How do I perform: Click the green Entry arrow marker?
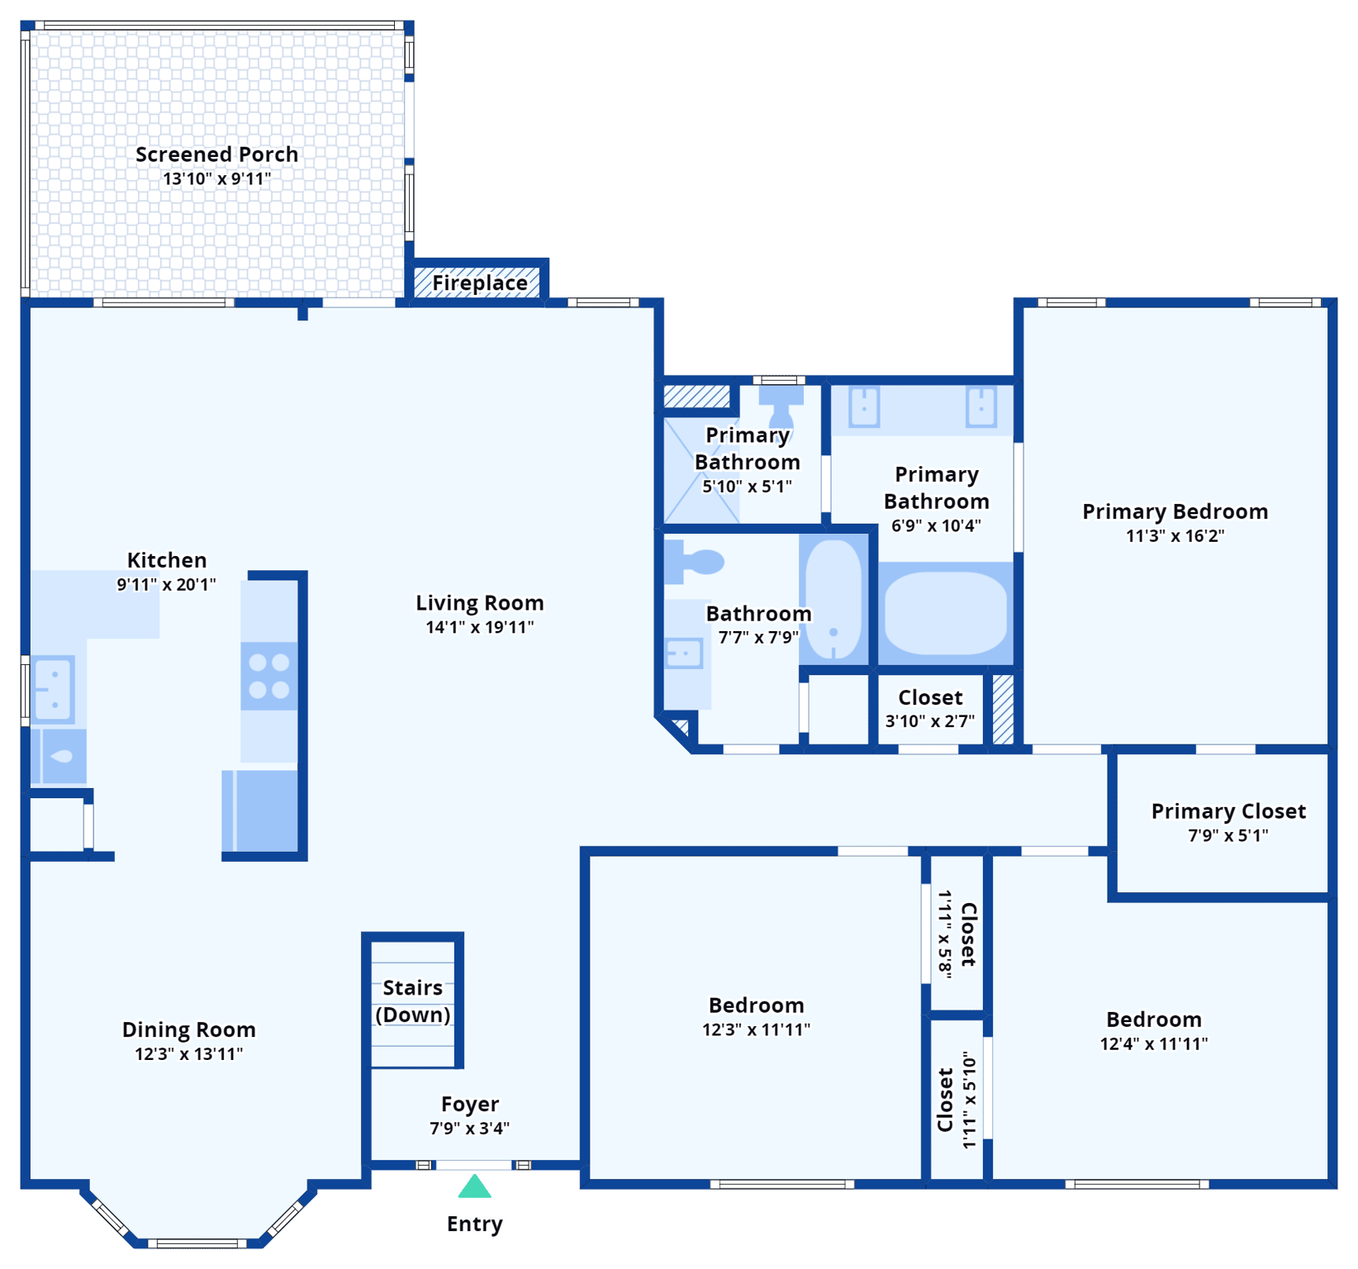coord(475,1187)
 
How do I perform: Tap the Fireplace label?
coord(479,283)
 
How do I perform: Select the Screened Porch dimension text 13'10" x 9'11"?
coord(216,178)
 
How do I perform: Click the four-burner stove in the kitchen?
coord(269,676)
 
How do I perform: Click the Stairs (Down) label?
coord(412,1000)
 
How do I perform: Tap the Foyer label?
coord(469,1104)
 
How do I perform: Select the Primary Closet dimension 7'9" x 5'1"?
coord(1227,835)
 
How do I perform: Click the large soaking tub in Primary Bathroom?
coord(945,614)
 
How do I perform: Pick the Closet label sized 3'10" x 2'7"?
coord(930,697)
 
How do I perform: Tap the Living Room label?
coord(479,603)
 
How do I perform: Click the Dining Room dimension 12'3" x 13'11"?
coord(188,1054)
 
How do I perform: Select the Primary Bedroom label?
coord(1175,511)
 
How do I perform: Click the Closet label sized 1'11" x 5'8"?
coord(968,934)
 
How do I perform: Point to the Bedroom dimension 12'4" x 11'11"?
coord(1153,1043)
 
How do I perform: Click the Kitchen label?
coord(167,560)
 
